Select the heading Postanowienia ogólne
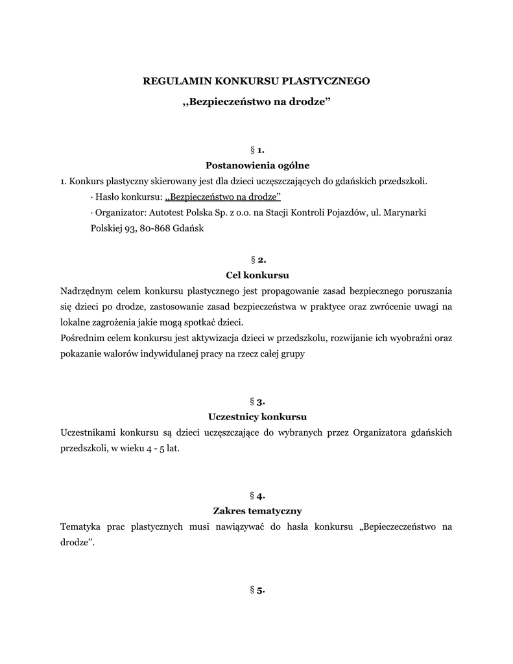pos(256,165)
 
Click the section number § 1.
pos(256,150)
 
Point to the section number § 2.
pos(256,260)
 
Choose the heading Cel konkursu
pos(256,275)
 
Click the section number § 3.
pos(256,401)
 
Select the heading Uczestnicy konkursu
pos(256,416)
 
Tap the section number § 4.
pos(256,496)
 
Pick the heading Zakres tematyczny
pos(256,511)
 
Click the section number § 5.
pos(256,590)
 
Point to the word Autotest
pos(169,212)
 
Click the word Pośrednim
pos(80,339)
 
